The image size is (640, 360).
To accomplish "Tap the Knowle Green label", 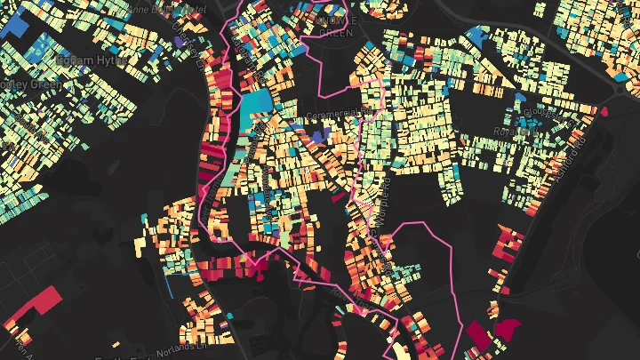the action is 332,26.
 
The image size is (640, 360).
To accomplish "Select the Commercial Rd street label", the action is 337,114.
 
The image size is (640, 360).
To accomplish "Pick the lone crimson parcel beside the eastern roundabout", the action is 604,112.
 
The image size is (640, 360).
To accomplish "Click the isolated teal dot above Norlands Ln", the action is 228,315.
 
